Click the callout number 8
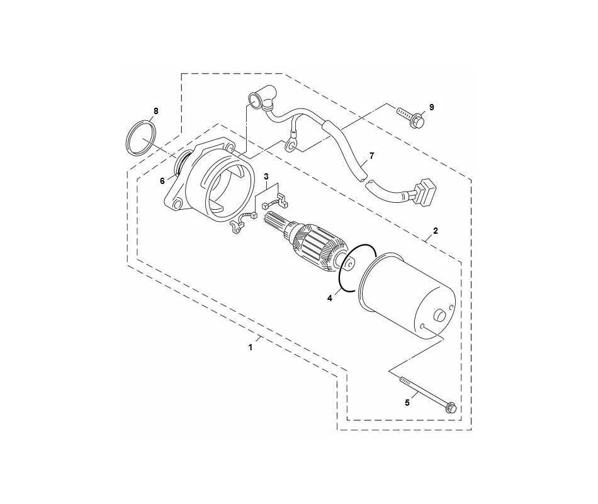pos(156,111)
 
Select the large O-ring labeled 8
pos(142,139)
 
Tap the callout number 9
pos(432,107)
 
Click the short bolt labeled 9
pos(411,117)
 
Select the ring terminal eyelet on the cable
pos(290,146)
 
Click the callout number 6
pos(162,180)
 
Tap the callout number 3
pos(266,176)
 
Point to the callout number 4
pos(329,299)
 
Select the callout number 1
pos(251,346)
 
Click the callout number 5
pos(407,401)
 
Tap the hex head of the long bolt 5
pos(451,408)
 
